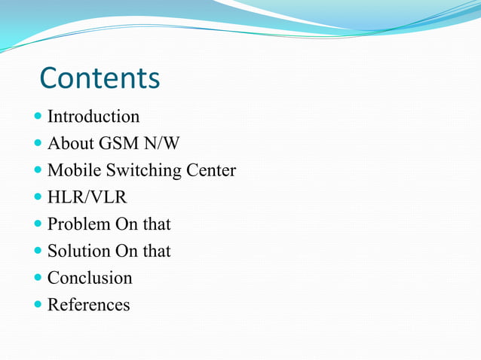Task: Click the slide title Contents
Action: (x=100, y=78)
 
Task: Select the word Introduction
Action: (x=93, y=117)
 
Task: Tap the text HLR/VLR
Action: (x=87, y=198)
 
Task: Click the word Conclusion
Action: (x=90, y=278)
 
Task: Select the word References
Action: (x=88, y=305)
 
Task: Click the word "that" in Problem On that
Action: (x=157, y=224)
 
